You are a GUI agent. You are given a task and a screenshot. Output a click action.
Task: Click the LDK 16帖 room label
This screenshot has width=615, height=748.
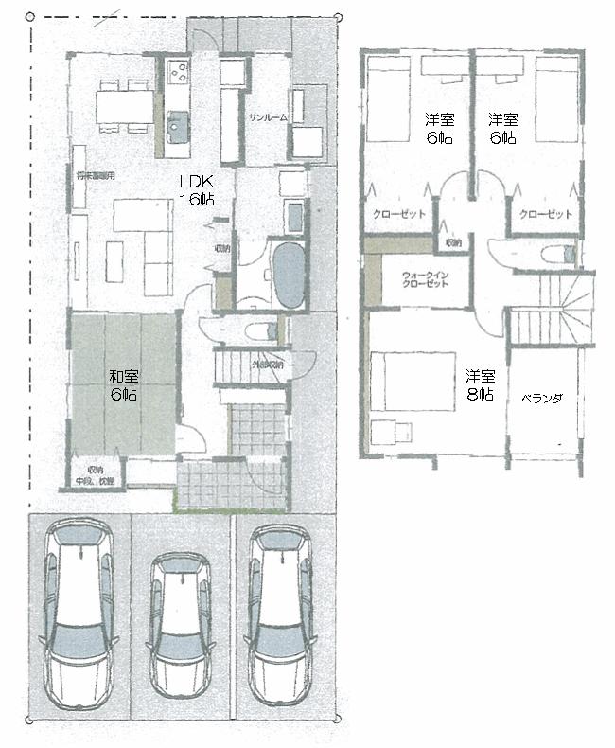[198, 189]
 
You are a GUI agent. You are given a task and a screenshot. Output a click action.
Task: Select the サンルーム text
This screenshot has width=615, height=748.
[268, 117]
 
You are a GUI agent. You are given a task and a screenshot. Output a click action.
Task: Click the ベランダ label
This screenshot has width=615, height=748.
[542, 399]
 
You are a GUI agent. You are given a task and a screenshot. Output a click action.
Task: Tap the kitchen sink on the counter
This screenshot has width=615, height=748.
[177, 122]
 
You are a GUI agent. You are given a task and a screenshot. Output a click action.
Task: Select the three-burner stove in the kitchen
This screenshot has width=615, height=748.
[178, 73]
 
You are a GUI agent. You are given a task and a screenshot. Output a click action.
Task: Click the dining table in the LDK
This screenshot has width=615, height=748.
[125, 105]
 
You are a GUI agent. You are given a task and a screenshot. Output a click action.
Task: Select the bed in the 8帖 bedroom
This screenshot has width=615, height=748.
[403, 382]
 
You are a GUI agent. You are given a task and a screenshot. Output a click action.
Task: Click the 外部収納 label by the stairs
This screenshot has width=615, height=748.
[268, 364]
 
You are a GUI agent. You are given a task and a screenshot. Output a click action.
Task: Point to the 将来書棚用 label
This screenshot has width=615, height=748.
[95, 176]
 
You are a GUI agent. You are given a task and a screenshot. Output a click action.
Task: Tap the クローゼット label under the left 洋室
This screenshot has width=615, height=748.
[398, 214]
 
